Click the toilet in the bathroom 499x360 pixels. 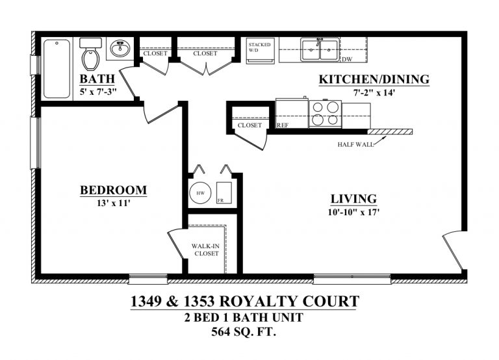91,53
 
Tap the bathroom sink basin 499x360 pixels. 120,49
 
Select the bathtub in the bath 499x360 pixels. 57,68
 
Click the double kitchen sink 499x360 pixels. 320,49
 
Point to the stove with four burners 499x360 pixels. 325,114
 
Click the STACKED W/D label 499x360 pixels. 259,47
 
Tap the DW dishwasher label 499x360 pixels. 347,59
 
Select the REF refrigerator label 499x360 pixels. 283,125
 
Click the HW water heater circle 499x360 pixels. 200,193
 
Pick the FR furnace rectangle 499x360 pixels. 224,192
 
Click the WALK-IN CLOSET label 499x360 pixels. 206,250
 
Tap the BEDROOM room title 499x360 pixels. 113,190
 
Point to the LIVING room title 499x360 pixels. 353,199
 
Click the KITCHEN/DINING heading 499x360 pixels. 374,79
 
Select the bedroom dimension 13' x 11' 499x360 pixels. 114,203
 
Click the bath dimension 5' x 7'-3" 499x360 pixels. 98,92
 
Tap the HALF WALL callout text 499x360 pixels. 355,144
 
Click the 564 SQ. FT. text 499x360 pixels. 244,332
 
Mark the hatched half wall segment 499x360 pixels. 390,132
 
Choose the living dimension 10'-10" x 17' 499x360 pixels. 353,212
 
